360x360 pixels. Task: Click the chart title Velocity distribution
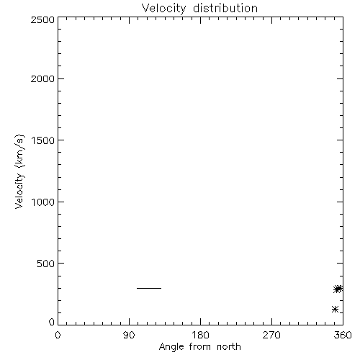(199, 9)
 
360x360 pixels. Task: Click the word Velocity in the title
(163, 9)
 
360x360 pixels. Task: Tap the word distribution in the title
(225, 8)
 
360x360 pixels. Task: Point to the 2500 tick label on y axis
(42, 19)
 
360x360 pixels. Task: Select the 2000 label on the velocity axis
(42, 78)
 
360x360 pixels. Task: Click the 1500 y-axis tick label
(43, 140)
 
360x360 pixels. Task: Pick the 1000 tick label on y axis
(43, 202)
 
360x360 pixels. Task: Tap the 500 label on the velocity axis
(46, 264)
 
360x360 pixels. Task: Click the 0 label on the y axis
(52, 322)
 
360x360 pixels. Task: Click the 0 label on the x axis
(58, 335)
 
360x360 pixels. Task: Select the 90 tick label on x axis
(129, 335)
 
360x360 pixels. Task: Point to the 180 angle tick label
(200, 335)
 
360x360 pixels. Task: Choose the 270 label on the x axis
(271, 335)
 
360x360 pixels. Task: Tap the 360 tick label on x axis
(343, 335)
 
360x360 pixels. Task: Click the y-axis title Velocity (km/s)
(19, 171)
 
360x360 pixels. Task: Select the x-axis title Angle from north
(200, 347)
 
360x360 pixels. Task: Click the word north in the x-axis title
(229, 347)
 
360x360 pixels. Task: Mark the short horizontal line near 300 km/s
(149, 288)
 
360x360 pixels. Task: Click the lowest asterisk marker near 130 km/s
(335, 309)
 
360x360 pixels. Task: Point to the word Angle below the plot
(171, 347)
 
